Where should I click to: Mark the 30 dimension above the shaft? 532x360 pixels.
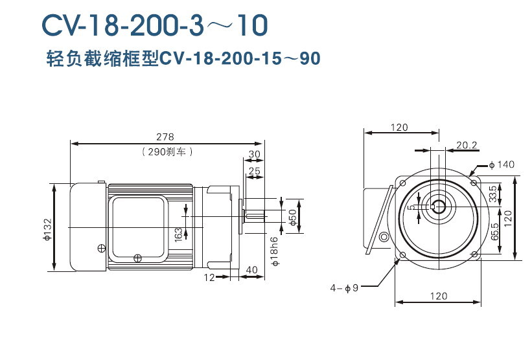coord(254,154)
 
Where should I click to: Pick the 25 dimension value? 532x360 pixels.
coord(254,170)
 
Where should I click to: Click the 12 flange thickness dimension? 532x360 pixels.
coord(209,277)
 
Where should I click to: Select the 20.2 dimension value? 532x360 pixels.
coord(467,145)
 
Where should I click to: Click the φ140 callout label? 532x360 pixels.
coord(502,164)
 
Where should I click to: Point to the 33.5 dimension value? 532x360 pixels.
coord(493,193)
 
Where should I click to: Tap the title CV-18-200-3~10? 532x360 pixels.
coord(154,25)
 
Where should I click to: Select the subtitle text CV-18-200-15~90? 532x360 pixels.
coord(240,59)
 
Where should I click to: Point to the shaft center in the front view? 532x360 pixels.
coord(439,208)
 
